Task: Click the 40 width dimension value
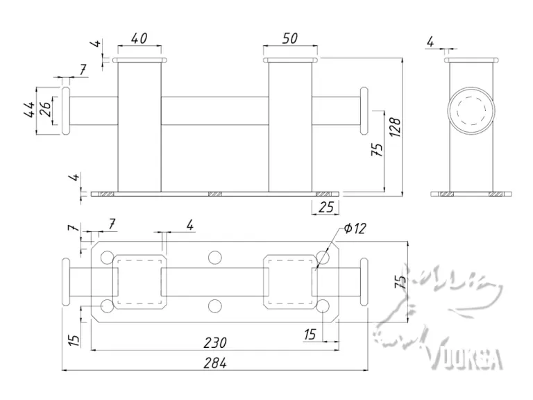point(139,39)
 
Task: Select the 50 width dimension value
point(289,39)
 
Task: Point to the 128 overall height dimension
point(395,126)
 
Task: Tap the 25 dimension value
point(325,206)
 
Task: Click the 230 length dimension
point(214,343)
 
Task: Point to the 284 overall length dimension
point(215,362)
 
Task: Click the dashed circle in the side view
point(472,110)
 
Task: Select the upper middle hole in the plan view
point(215,258)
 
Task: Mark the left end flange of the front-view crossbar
point(66,110)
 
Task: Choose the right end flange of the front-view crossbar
point(364,110)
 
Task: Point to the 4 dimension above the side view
point(430,43)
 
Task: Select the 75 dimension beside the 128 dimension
point(378,150)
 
